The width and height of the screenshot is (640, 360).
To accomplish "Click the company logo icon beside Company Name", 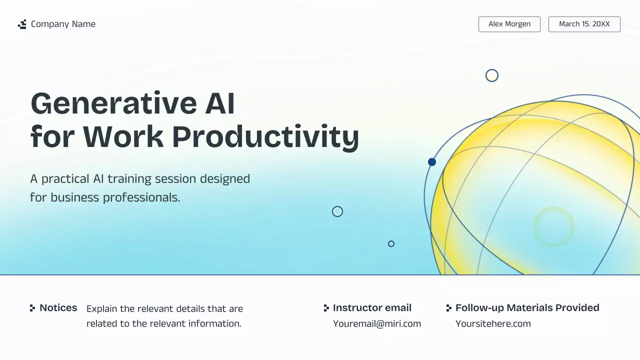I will [22, 24].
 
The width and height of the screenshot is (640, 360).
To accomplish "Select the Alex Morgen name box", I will [509, 24].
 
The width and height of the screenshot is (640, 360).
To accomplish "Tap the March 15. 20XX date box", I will [584, 24].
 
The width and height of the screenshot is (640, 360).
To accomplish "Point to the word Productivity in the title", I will [265, 136].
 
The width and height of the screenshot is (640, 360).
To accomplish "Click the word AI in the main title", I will [220, 103].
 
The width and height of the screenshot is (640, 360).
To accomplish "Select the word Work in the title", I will [123, 136].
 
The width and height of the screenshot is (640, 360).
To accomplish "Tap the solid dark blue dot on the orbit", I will [432, 162].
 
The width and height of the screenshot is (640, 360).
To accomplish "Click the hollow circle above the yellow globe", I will [492, 75].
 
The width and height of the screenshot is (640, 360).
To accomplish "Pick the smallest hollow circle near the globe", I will [391, 244].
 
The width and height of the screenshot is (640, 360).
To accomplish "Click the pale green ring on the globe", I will [553, 227].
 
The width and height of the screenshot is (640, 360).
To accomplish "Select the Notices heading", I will [58, 308].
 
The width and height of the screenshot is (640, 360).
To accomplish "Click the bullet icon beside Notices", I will [32, 308].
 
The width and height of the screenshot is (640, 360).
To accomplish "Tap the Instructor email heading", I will [372, 308].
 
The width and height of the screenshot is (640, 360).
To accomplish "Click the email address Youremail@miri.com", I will [377, 323].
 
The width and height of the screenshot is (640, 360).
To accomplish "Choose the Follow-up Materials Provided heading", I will [527, 308].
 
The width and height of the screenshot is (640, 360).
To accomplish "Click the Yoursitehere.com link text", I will [493, 323].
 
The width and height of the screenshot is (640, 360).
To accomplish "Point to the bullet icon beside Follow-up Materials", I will [448, 308].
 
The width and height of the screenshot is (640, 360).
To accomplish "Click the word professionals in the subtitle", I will [141, 197].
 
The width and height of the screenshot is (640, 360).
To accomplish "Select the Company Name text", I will [63, 24].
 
